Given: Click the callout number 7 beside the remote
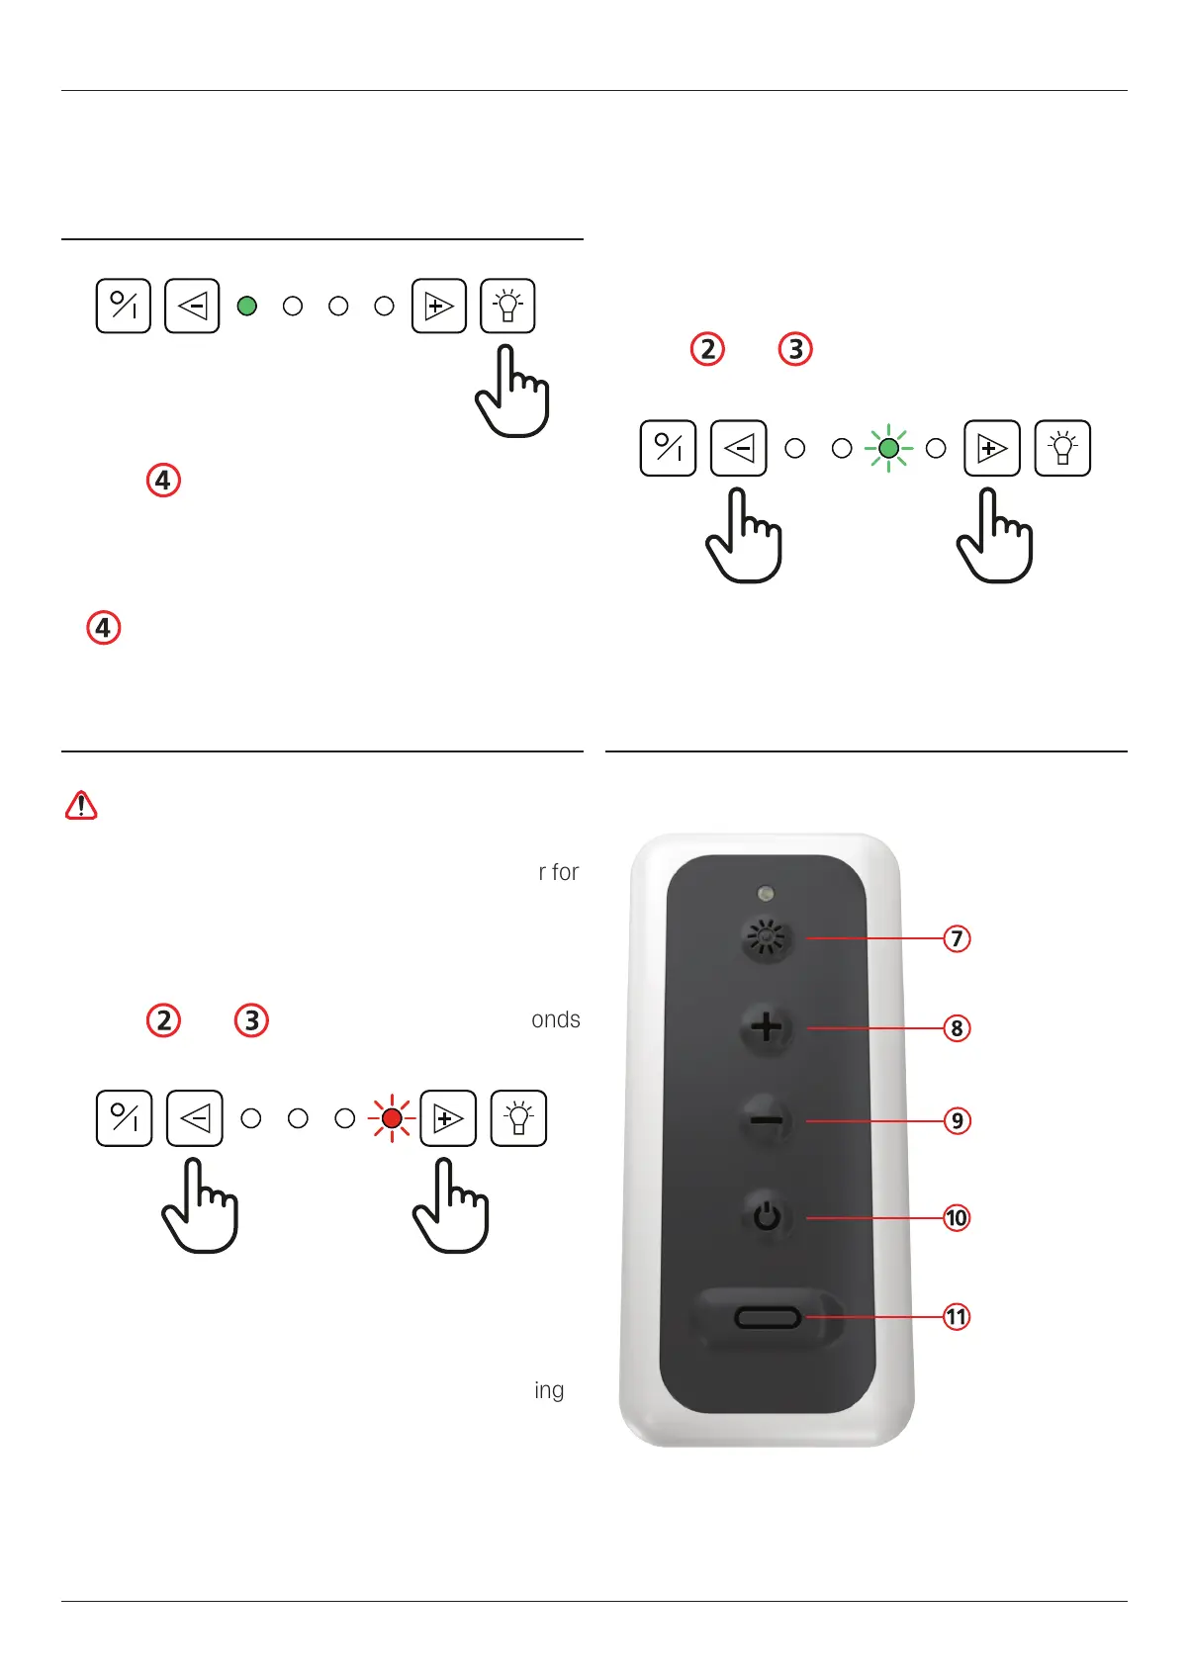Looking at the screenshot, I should point(957,938).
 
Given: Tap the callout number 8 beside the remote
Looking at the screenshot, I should point(957,1028).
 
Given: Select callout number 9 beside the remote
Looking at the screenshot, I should point(957,1121).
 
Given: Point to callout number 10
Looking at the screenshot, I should point(957,1218).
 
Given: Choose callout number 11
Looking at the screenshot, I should point(957,1317).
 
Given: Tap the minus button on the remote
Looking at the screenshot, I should point(767,1121).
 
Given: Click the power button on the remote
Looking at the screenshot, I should point(767,1216).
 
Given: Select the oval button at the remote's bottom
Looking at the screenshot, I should point(768,1317).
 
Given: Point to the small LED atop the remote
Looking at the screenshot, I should point(765,894).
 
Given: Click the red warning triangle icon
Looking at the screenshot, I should point(81,806).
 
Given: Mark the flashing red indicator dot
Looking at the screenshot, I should point(392,1118).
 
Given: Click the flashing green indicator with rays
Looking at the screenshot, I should point(888,449).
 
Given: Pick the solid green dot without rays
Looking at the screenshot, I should point(247,307).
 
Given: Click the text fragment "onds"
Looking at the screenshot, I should point(556,1020).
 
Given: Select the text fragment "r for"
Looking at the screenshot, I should point(559,872).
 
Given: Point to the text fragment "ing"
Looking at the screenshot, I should point(549,1390).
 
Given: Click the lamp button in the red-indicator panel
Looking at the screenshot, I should point(518,1118).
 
